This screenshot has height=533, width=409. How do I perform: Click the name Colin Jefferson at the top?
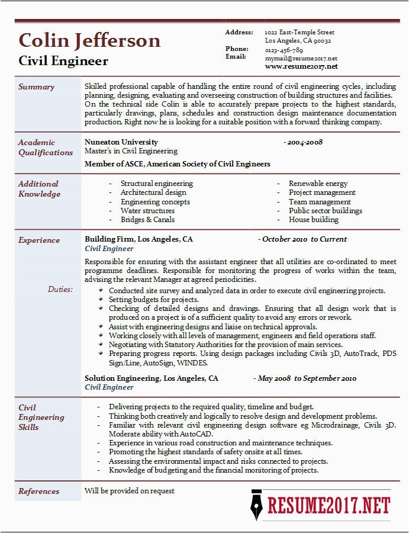89,40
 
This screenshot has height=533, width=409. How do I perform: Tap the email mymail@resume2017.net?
301,58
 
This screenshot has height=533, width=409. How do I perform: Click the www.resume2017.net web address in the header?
301,66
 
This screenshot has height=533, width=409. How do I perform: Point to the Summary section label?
36,87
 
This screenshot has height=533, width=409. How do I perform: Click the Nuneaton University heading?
121,142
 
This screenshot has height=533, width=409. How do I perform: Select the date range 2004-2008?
303,142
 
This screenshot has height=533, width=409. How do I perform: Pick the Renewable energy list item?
318,184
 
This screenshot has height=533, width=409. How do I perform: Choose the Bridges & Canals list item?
147,219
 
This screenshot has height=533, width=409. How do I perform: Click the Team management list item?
320,201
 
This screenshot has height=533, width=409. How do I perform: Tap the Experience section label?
38,240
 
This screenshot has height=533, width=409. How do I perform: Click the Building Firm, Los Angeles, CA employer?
139,239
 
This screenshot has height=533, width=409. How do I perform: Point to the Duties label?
60,289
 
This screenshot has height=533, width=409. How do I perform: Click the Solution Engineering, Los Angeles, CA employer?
151,378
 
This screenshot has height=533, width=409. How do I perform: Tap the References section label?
38,491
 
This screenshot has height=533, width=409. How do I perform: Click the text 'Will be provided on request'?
130,490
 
